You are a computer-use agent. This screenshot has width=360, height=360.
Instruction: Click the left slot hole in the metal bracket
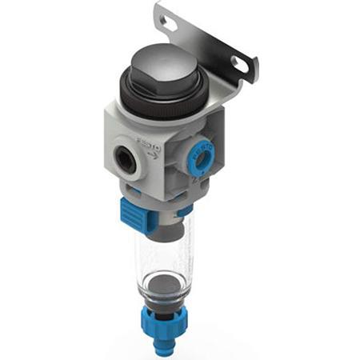pos(170,24)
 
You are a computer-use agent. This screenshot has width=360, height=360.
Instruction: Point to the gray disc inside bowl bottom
pos(162,283)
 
